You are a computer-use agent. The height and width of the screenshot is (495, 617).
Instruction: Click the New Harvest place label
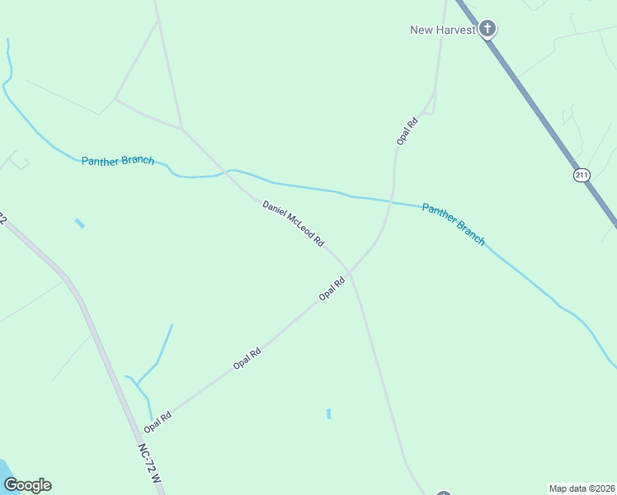click(443, 31)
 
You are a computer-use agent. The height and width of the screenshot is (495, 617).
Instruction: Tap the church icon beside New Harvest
click(487, 30)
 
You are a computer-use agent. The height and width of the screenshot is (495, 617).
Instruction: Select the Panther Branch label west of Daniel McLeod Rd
click(118, 160)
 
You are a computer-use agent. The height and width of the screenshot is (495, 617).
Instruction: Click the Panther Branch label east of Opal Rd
click(453, 224)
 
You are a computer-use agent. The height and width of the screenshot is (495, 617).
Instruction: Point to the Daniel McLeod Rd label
click(293, 224)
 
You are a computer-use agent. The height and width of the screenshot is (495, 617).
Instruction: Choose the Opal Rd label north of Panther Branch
click(407, 130)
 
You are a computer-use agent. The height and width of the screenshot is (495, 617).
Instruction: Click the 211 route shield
click(582, 175)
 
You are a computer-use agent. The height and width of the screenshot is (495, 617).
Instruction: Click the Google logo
click(27, 485)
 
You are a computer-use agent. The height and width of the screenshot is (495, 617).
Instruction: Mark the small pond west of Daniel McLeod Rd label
click(79, 223)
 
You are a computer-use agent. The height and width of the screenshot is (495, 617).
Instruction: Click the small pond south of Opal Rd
click(328, 413)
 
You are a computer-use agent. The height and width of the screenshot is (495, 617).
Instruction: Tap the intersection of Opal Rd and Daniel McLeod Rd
click(350, 271)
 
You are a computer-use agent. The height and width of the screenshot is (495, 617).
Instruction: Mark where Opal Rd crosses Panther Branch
click(391, 200)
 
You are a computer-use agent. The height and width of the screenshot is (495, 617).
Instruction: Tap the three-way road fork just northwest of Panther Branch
click(181, 129)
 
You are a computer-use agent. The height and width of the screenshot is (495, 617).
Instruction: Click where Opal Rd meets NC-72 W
click(139, 435)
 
